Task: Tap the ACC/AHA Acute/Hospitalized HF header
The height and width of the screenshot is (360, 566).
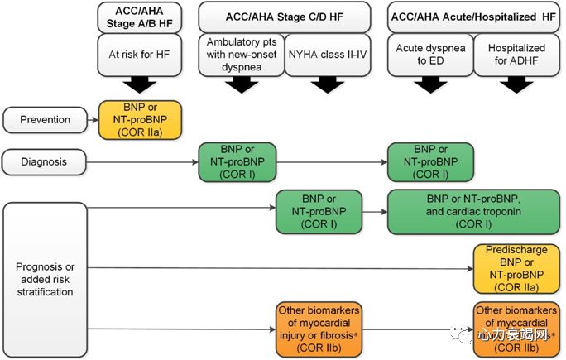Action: coord(471,15)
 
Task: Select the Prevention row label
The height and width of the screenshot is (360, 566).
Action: coord(46,119)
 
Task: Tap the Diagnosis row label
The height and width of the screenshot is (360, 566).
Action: coord(46,161)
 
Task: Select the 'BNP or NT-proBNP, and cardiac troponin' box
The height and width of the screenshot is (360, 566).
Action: coord(471,212)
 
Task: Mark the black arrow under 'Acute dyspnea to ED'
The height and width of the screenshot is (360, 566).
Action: coord(430,84)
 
